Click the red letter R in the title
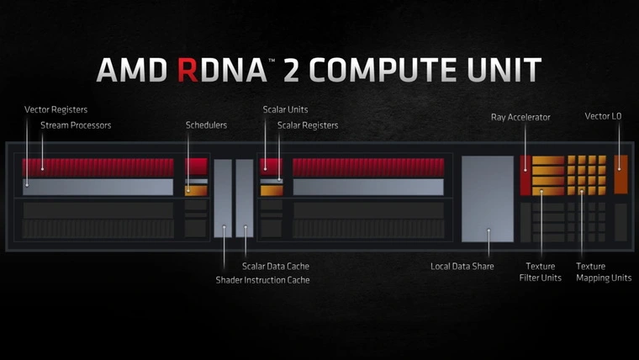(x=190, y=69)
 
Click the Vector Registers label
(x=55, y=109)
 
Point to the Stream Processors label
(x=76, y=125)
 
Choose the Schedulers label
(x=207, y=125)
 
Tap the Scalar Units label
(x=285, y=109)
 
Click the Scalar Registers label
(x=308, y=125)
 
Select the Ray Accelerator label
(x=520, y=117)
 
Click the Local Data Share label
(x=462, y=266)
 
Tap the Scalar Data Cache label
(x=276, y=266)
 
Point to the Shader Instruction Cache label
(x=262, y=279)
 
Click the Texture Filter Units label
(x=540, y=272)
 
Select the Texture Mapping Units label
(x=603, y=272)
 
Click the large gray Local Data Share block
(x=488, y=199)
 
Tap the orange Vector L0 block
(x=621, y=173)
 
